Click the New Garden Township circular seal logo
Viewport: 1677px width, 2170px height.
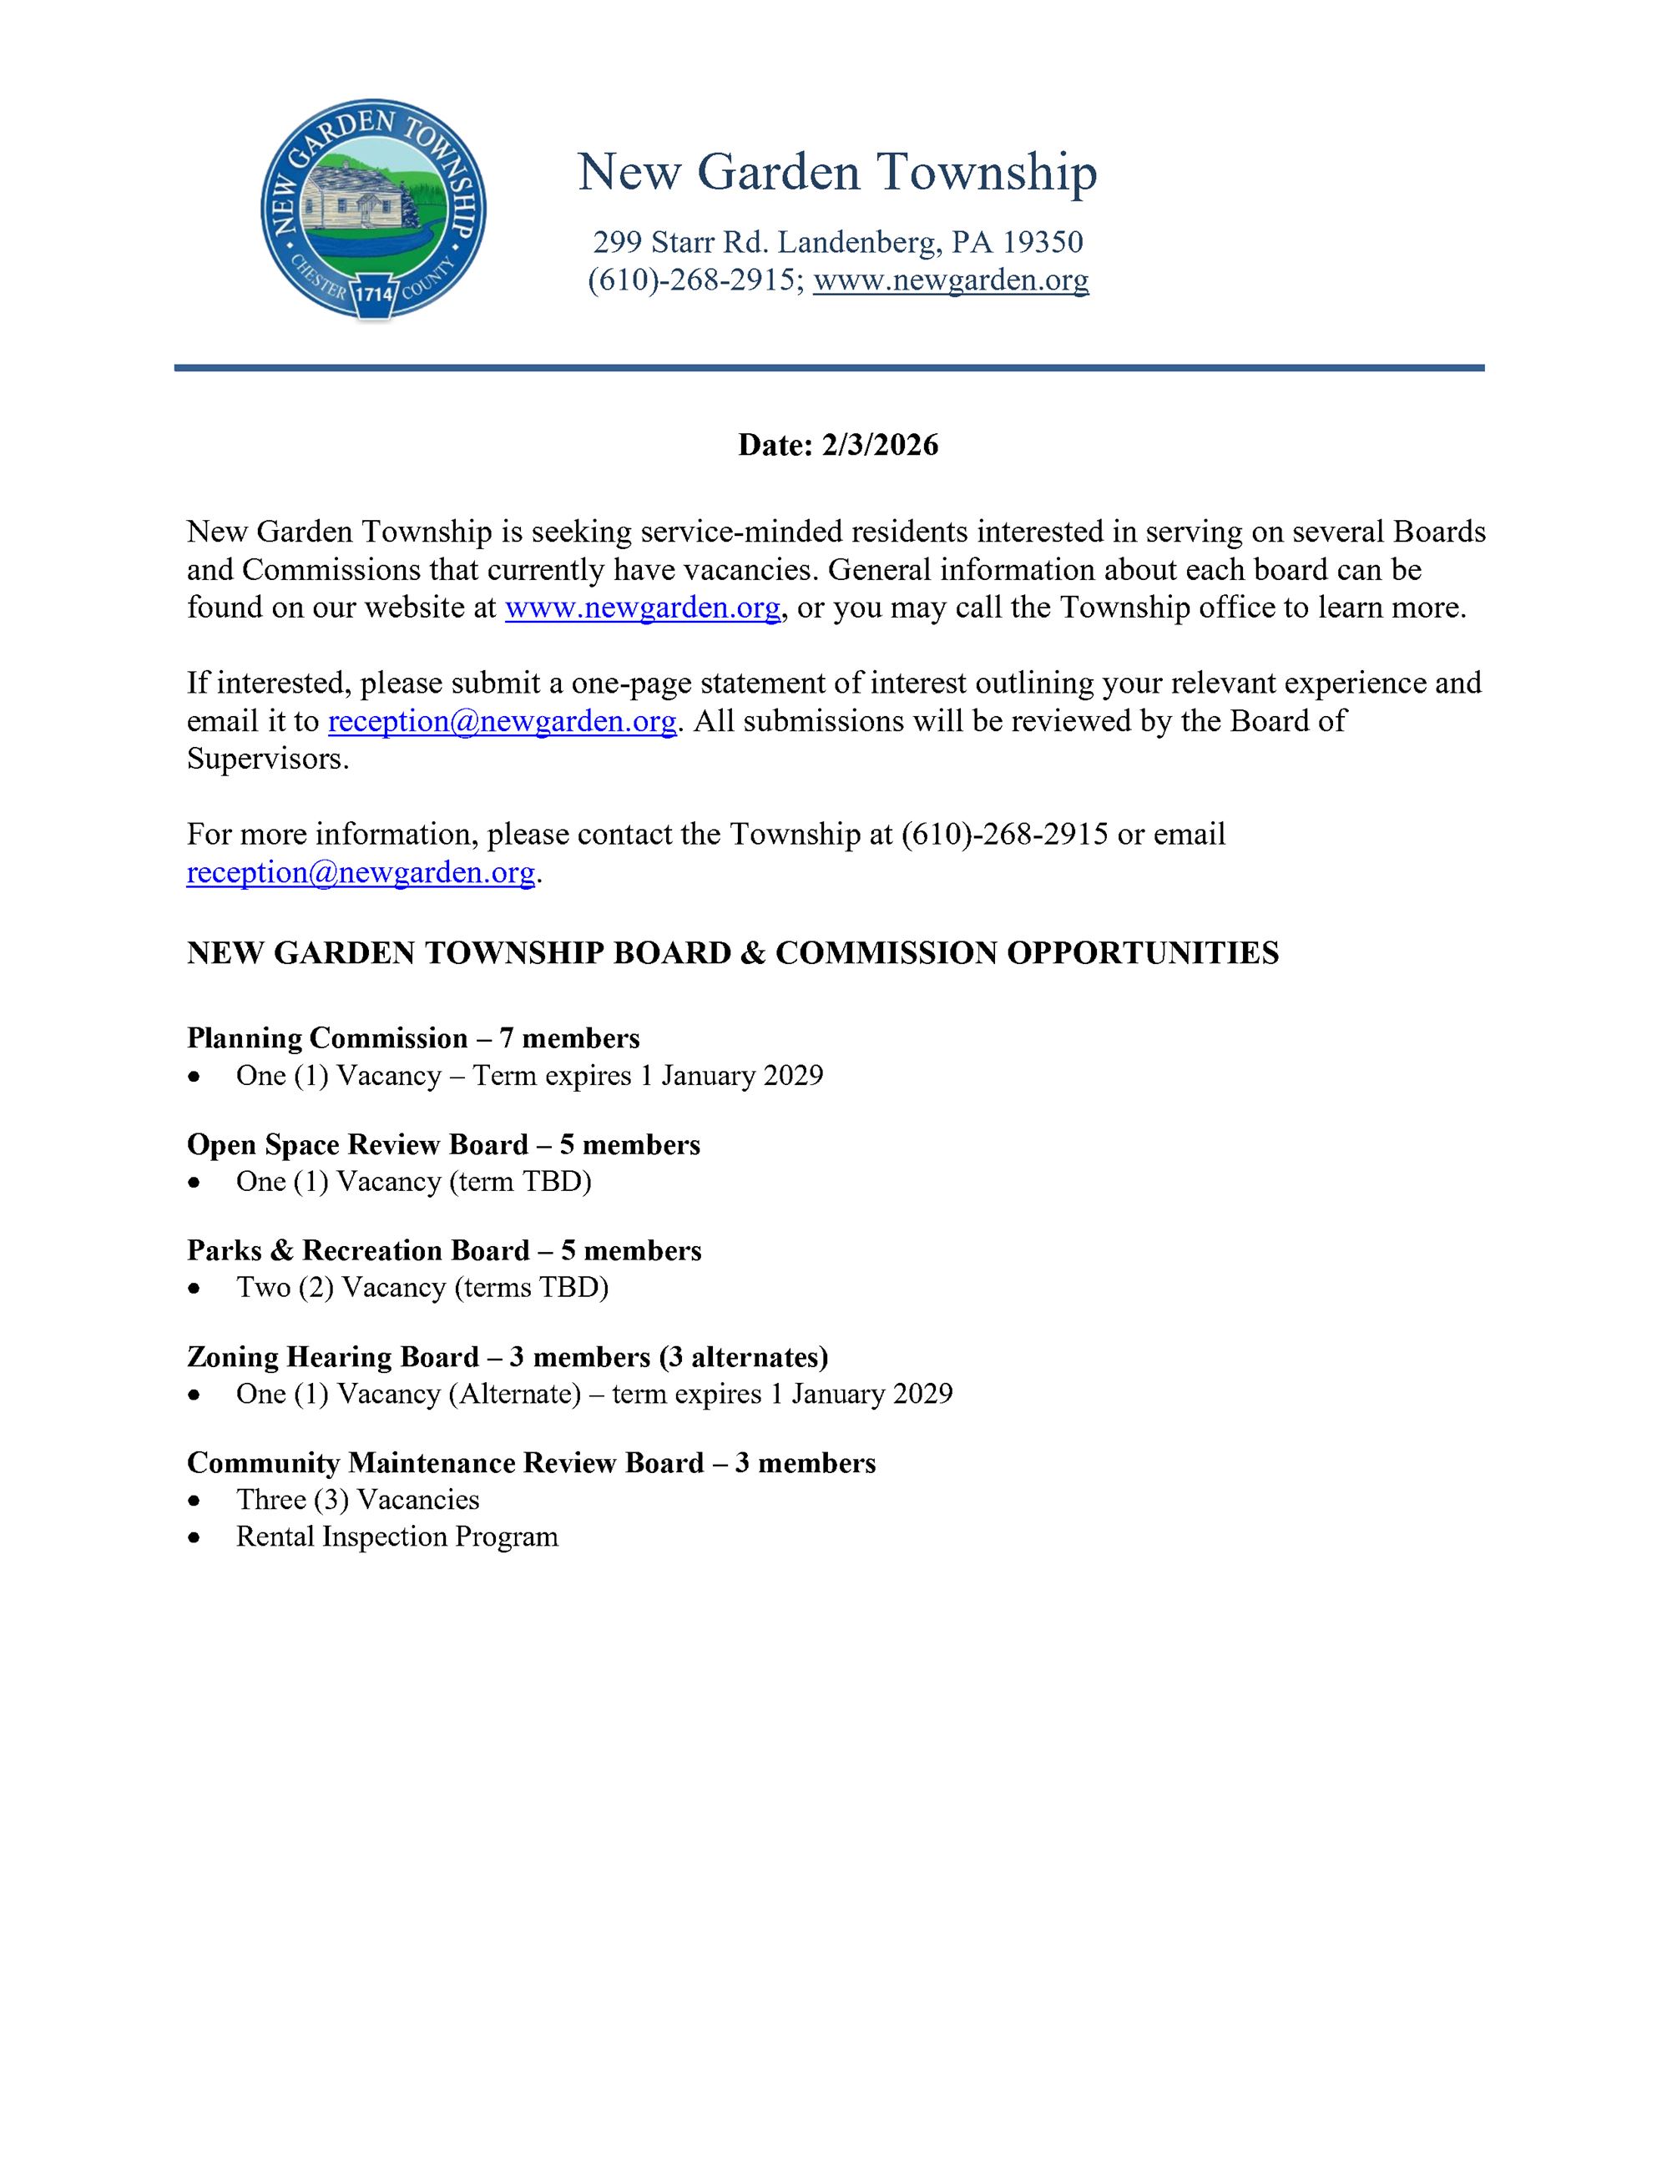tap(374, 209)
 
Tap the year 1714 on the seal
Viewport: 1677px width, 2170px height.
tap(374, 294)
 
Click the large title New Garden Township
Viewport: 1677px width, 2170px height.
tap(836, 172)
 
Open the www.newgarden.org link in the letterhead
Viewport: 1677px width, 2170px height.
tap(951, 280)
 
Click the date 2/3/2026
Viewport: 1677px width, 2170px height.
tap(879, 444)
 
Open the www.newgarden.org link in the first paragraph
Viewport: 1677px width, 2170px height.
tap(642, 607)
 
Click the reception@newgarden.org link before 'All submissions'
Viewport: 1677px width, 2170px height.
tap(502, 720)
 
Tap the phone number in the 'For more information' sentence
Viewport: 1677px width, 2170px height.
tap(1004, 834)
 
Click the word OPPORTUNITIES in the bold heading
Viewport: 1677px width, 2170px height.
tap(1143, 953)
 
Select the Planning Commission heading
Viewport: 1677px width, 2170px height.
tap(327, 1038)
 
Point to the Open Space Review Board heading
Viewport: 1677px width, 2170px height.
tap(356, 1144)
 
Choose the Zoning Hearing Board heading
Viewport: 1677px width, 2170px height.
tap(333, 1356)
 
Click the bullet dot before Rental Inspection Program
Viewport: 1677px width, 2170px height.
tap(199, 1538)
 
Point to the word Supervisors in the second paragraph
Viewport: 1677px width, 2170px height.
tap(266, 759)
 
